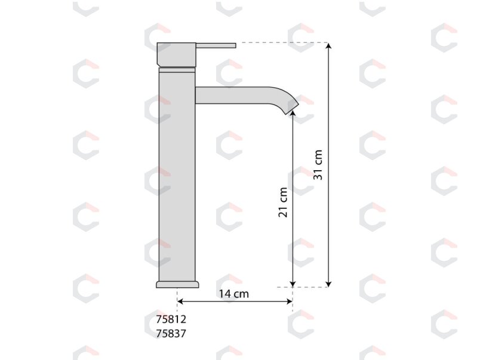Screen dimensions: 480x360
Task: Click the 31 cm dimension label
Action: tap(318, 165)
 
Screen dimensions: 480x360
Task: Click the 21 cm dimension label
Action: tap(283, 202)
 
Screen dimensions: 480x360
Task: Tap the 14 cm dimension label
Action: tap(233, 294)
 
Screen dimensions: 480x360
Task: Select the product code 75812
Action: tap(171, 319)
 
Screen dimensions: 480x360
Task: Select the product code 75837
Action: tap(171, 333)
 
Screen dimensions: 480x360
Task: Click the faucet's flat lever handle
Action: tap(216, 45)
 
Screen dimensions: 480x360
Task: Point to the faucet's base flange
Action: tap(177, 284)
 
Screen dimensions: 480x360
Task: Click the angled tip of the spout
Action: tap(293, 107)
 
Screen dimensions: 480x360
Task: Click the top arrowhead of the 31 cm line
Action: tap(328, 46)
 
